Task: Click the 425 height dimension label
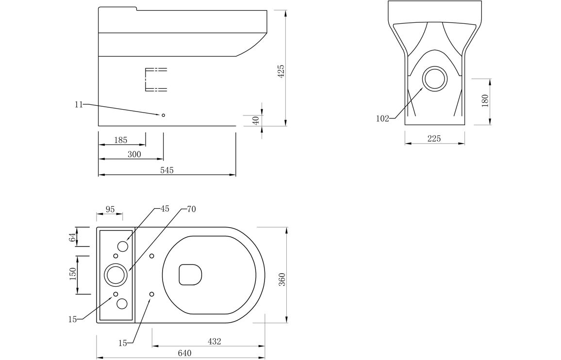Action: click(x=281, y=72)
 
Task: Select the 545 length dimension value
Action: click(x=167, y=170)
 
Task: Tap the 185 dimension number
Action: click(x=120, y=140)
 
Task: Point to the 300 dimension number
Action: click(x=134, y=154)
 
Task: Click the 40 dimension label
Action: click(x=255, y=120)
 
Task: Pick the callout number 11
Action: click(x=79, y=104)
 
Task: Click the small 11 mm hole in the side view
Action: click(x=164, y=115)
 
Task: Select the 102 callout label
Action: click(x=382, y=118)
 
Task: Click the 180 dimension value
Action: click(x=485, y=101)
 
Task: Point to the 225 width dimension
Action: click(x=434, y=138)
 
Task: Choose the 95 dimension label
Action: click(x=110, y=209)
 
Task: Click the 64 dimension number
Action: click(x=73, y=237)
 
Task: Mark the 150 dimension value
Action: click(x=73, y=274)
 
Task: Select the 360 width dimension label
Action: click(x=282, y=279)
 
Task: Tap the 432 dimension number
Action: click(x=214, y=342)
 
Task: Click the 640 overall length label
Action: click(x=184, y=353)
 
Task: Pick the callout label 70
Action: click(x=191, y=209)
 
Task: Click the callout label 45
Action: click(x=165, y=209)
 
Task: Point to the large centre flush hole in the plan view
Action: click(x=115, y=275)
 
